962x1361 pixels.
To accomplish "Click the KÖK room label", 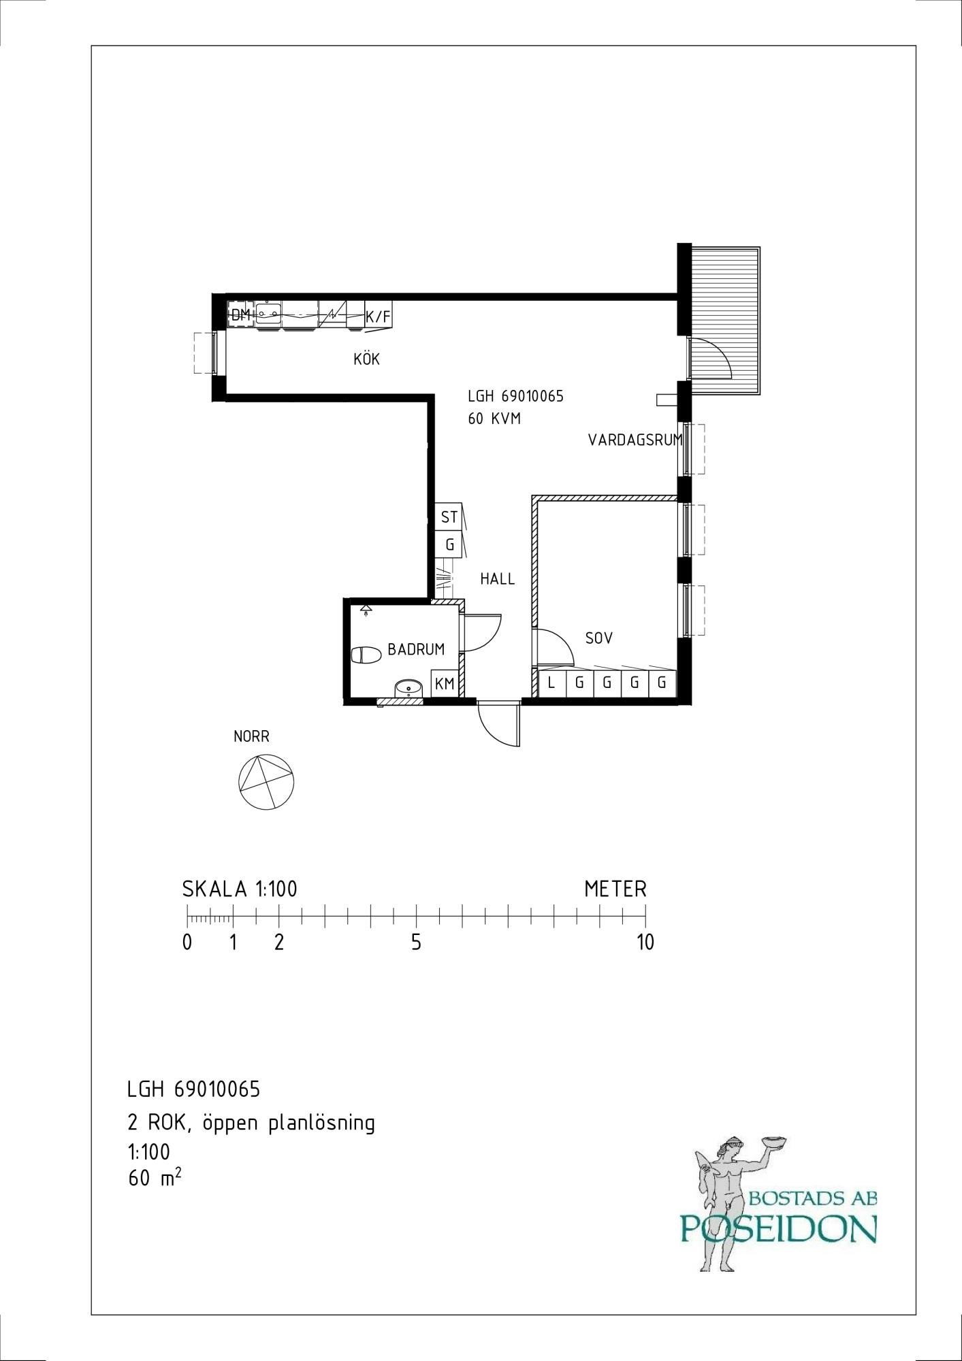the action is pos(366,359).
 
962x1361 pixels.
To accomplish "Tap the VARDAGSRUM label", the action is pos(635,440).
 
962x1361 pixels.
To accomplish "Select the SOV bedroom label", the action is pos(599,638).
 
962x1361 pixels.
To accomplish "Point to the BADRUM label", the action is pos(416,649).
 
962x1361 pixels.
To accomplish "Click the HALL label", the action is pos(498,579).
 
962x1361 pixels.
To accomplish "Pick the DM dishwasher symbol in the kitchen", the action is pos(241,315).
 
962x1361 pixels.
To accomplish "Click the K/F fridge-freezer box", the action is pos(379,316).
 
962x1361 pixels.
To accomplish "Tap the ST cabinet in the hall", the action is pos(449,517).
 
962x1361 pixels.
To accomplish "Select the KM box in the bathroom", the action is pos(445,683).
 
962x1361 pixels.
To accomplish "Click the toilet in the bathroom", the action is pos(366,655).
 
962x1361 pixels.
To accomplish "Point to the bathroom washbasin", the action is pos(408,688).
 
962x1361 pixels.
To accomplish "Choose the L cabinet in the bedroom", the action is pos(552,683).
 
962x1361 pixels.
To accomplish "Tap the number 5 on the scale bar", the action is pos(416,942).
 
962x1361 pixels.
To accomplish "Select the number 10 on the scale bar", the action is pos(645,942).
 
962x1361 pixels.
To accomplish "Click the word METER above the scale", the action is pos(615,889).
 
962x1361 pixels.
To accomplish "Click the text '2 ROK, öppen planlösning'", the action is pos(251,1123).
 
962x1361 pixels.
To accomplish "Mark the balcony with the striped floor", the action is pos(724,321).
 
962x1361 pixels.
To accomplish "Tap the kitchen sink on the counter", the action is pos(269,314).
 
